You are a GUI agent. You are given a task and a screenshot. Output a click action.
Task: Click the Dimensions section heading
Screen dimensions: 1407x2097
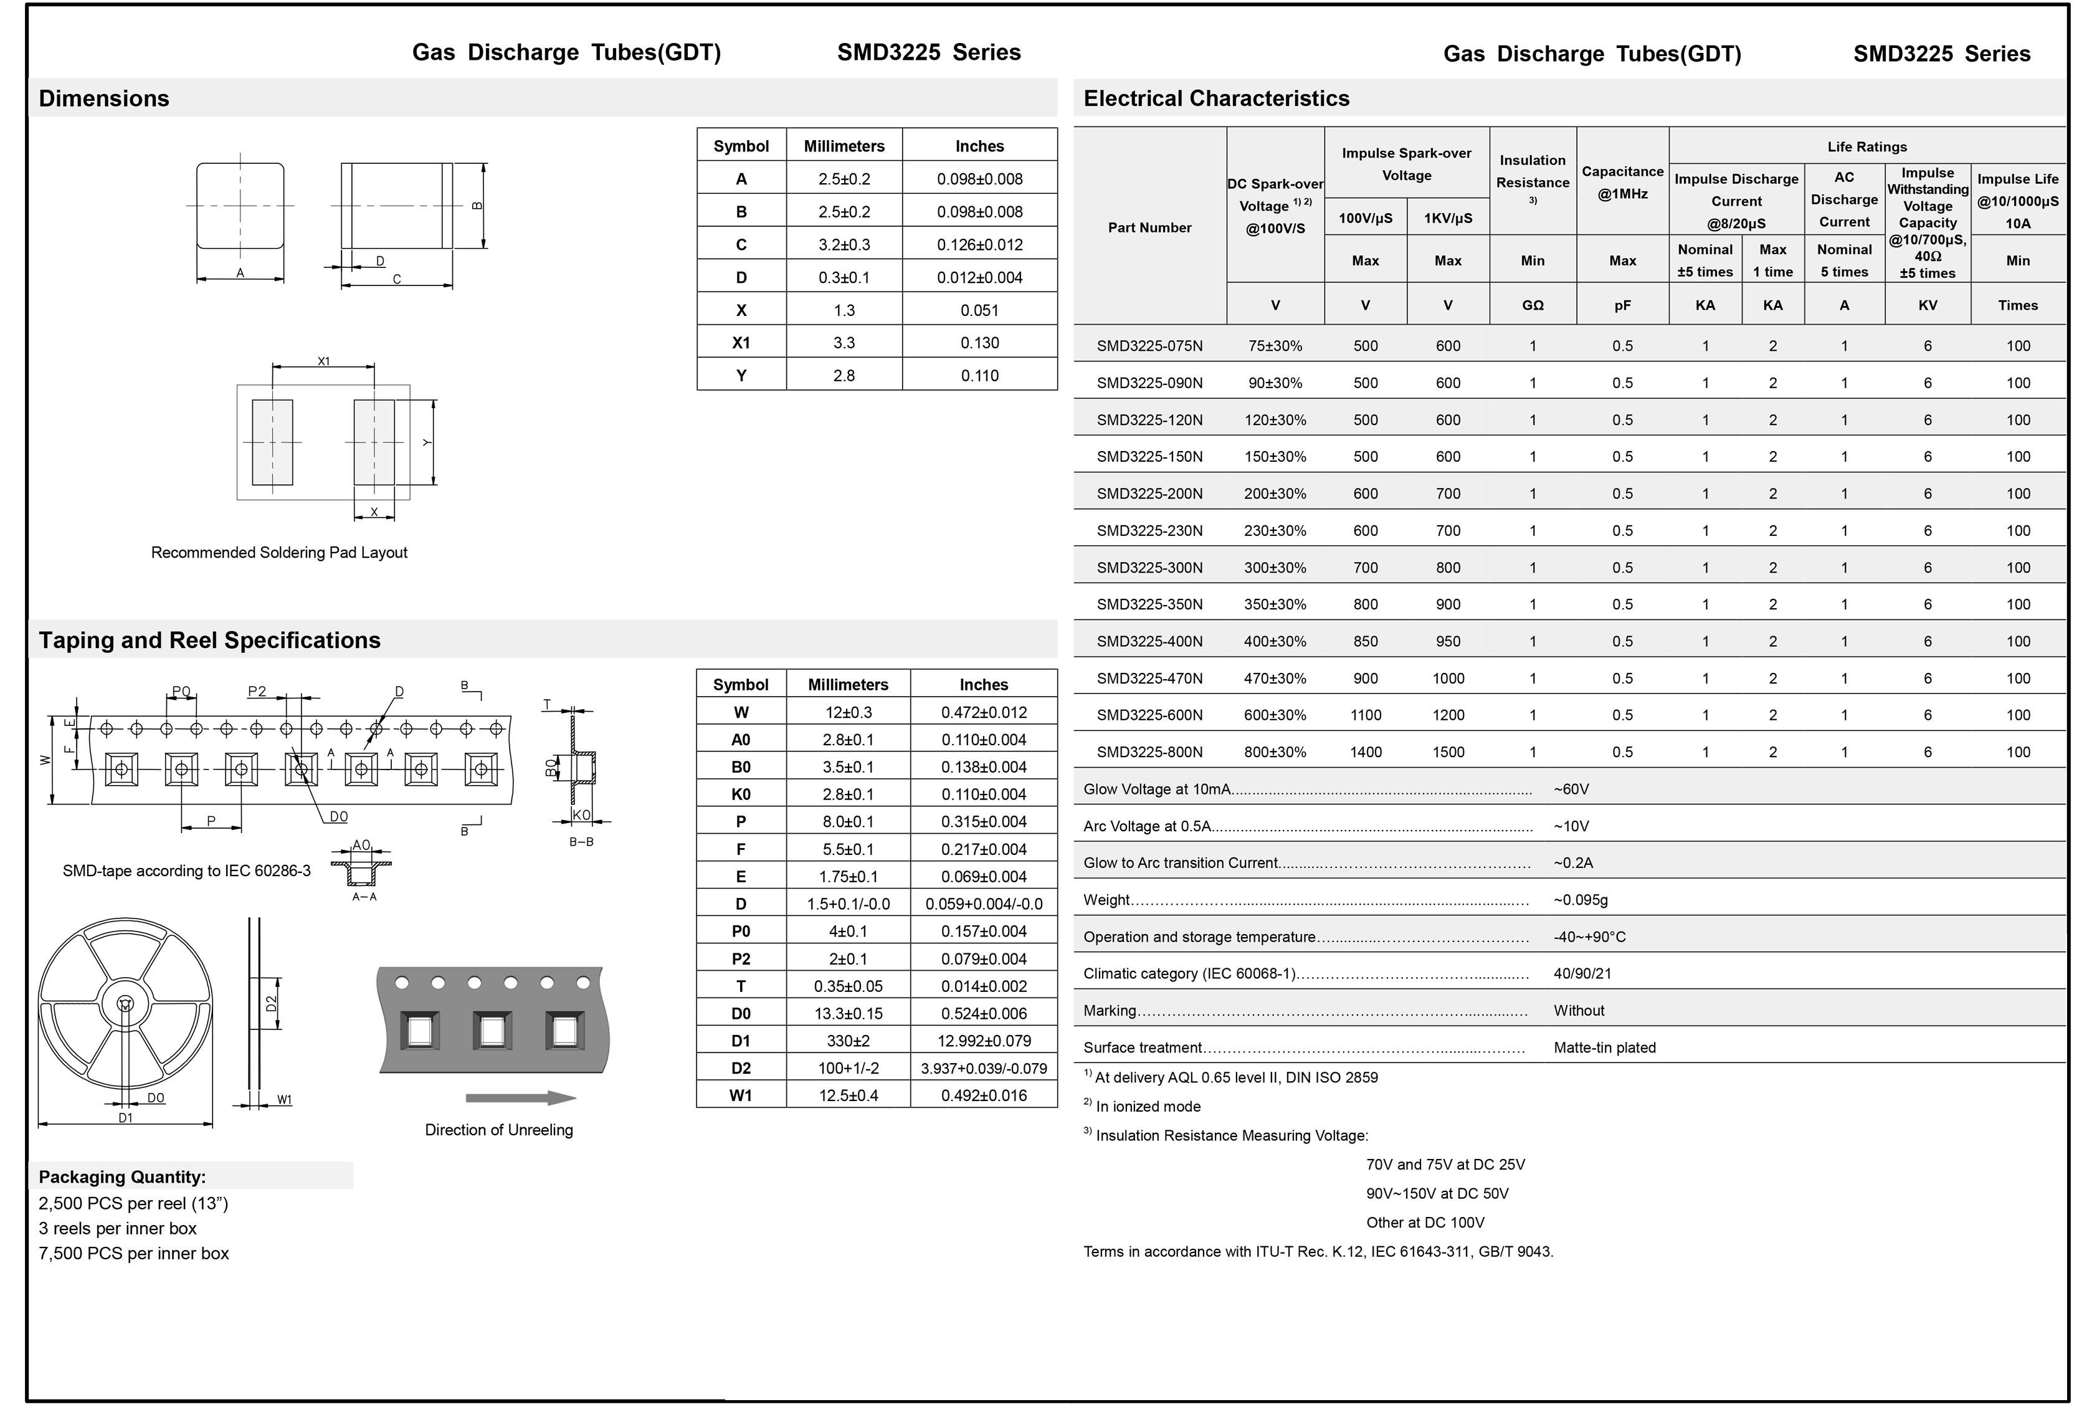[x=104, y=98]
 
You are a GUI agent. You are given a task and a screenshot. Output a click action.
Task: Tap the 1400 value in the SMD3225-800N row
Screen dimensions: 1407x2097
[x=1365, y=753]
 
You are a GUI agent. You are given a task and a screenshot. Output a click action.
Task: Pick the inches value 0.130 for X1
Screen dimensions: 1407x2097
[x=979, y=343]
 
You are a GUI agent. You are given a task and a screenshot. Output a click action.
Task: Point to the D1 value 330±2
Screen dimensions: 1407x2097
[x=848, y=1041]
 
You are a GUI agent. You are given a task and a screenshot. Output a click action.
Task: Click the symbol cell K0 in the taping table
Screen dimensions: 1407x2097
[x=740, y=794]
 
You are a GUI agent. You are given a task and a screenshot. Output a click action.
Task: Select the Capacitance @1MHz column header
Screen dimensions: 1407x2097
[x=1622, y=182]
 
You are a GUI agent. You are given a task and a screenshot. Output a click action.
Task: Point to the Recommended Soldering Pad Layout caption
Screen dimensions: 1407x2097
[x=279, y=553]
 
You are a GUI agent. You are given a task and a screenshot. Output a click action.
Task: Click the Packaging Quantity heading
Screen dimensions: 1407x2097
[x=122, y=1177]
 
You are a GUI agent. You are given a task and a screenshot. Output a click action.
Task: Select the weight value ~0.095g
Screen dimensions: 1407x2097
[x=1581, y=900]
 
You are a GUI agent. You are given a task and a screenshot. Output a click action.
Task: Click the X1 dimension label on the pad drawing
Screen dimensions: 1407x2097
[x=324, y=361]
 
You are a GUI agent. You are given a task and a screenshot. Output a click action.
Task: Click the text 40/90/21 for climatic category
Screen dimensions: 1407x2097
[x=1582, y=973]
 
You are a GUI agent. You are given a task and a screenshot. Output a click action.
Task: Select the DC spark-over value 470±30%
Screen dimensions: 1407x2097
[x=1275, y=679]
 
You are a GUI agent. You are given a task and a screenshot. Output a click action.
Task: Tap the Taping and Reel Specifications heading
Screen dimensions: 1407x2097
[x=209, y=641]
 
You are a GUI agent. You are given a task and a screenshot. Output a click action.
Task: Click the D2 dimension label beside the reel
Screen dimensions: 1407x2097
[x=272, y=1003]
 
